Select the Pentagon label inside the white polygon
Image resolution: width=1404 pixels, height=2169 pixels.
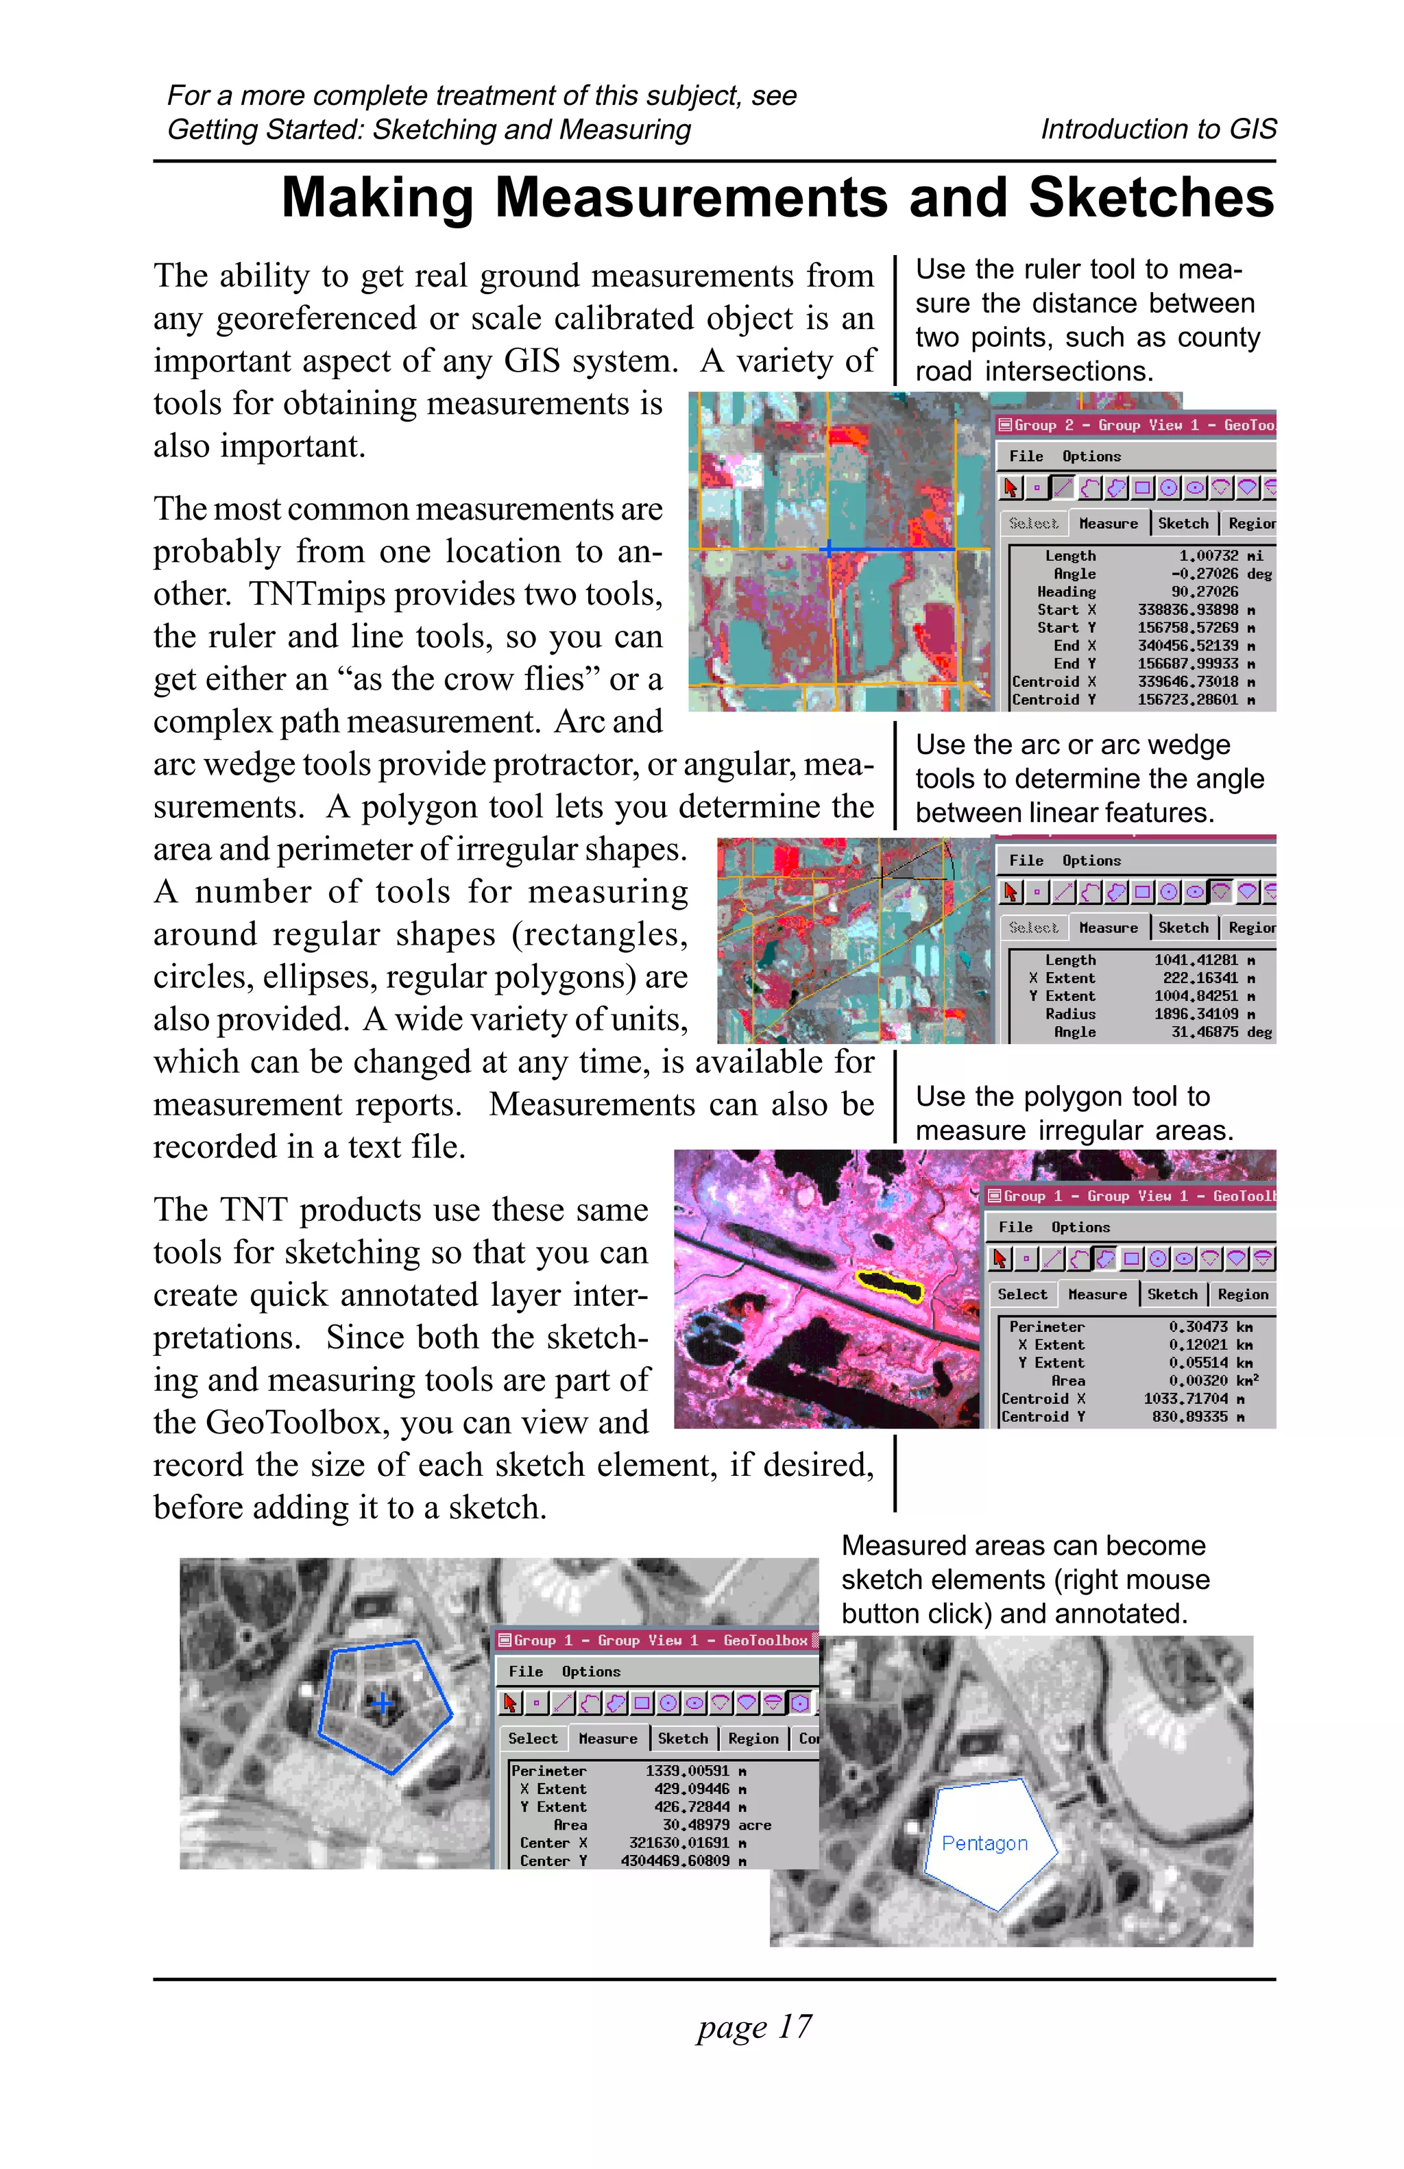point(984,1843)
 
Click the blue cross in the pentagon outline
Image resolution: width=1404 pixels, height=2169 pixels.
point(382,1701)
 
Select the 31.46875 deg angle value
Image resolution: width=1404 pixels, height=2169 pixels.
point(1220,1032)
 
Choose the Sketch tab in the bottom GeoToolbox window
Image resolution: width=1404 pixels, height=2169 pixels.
point(682,1738)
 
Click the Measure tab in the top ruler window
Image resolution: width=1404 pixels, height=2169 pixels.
point(1108,523)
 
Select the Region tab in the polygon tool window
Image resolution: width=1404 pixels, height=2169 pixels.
point(1242,1294)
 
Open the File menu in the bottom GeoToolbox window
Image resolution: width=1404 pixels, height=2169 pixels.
point(526,1671)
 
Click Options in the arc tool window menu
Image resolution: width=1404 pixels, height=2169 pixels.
point(1091,860)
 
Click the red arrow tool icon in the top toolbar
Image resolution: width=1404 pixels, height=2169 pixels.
point(1010,487)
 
